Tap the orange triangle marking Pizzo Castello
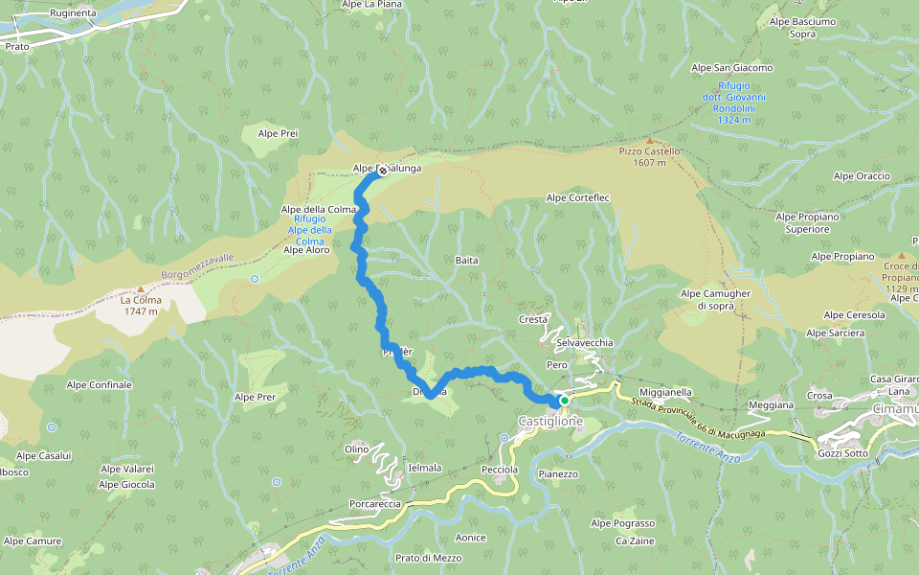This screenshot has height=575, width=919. pos(650,140)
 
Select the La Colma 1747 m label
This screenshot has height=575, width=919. pos(140,305)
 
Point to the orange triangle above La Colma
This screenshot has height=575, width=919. pos(140,288)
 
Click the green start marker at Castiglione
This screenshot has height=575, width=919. pos(565,401)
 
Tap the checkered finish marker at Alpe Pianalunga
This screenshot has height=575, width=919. pos(382,172)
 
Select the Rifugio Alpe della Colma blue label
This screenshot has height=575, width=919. pos(312,230)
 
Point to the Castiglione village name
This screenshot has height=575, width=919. pos(549,422)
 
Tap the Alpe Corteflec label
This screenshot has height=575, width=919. pos(577,198)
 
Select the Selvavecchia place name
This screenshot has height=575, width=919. pos(584,342)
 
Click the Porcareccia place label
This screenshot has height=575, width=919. pos(375,503)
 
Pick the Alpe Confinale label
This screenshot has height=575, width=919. pos(99,384)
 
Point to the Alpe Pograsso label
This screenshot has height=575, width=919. pos(622,523)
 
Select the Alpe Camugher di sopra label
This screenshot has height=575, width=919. pos(716,299)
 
